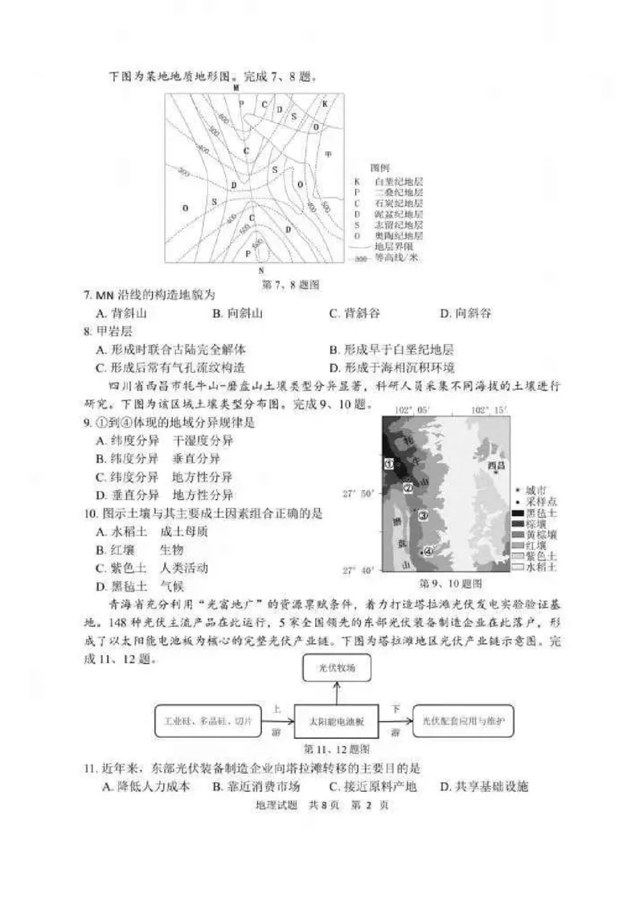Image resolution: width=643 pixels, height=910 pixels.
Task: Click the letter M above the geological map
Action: click(236, 88)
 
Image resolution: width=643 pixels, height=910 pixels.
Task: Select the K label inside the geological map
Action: click(325, 105)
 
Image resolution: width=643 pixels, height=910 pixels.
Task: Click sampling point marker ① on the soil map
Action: click(387, 464)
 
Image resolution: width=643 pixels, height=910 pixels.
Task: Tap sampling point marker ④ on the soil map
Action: click(428, 551)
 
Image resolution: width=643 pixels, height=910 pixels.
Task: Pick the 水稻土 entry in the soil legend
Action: click(542, 567)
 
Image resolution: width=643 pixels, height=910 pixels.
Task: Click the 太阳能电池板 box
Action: click(338, 721)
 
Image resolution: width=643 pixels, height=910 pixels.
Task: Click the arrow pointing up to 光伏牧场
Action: click(338, 691)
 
